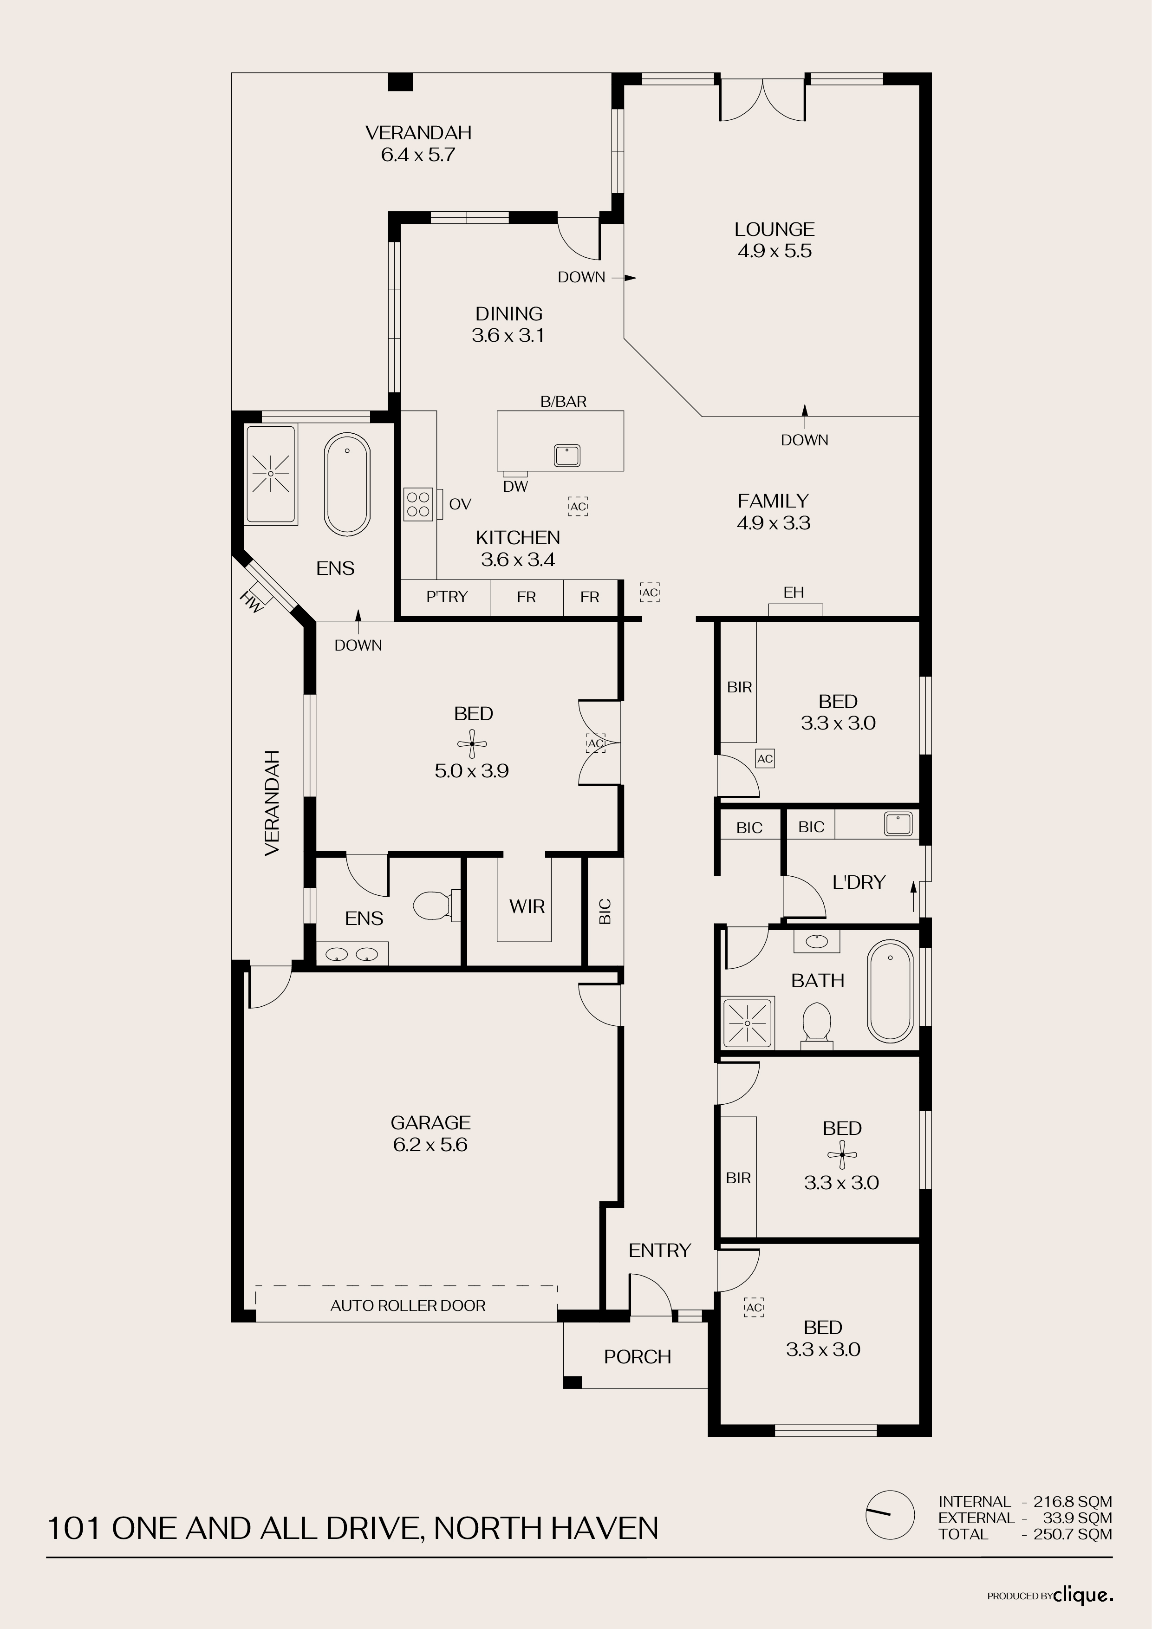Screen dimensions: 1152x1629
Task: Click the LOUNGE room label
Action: point(774,229)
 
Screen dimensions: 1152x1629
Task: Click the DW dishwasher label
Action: point(516,487)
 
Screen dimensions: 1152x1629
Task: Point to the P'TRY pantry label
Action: point(447,597)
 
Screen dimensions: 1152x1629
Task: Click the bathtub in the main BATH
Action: point(890,991)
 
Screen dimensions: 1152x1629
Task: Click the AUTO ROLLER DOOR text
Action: point(408,1305)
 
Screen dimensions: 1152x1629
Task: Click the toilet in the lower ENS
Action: point(433,906)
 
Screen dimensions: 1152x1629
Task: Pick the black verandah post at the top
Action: point(401,82)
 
